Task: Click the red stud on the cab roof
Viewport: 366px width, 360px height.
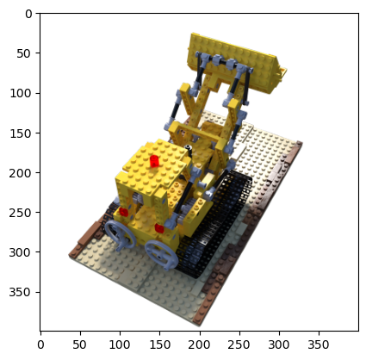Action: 154,161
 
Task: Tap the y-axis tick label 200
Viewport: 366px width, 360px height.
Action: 20,173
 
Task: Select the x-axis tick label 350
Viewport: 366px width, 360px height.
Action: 319,344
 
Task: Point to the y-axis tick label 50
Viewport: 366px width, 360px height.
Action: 23,53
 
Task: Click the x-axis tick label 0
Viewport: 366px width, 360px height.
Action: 40,344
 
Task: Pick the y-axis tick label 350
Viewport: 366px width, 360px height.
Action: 20,293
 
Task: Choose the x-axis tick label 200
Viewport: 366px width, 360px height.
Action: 200,344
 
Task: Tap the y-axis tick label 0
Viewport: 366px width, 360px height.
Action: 28,14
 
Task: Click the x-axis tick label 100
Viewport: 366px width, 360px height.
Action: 120,344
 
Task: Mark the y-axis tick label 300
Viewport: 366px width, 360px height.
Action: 20,252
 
